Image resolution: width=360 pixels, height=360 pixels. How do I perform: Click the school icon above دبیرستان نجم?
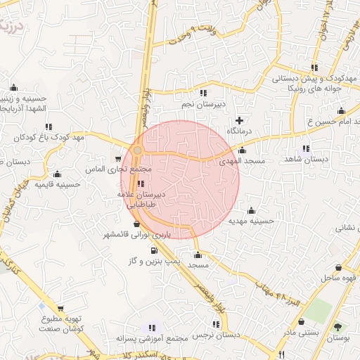point(203,93)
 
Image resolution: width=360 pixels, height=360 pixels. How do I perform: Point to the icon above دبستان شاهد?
point(305,148)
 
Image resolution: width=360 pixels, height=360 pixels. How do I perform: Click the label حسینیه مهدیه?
point(251,220)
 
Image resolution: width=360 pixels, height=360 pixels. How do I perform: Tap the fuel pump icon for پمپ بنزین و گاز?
point(153,250)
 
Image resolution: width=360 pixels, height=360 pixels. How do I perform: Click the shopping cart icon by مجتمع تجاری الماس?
point(118,160)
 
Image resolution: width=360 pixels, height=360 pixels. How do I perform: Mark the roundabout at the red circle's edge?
point(138,150)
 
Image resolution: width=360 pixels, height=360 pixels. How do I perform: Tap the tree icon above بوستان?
point(338,327)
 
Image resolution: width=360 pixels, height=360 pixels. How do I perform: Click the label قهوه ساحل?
point(339,278)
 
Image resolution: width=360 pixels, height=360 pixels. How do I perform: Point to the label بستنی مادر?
point(302,332)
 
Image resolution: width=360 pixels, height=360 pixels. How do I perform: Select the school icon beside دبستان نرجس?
point(214,326)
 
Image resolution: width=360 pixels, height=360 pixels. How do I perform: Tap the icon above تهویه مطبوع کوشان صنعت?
point(61,308)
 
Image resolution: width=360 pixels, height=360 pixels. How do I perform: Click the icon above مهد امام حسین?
point(341,111)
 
